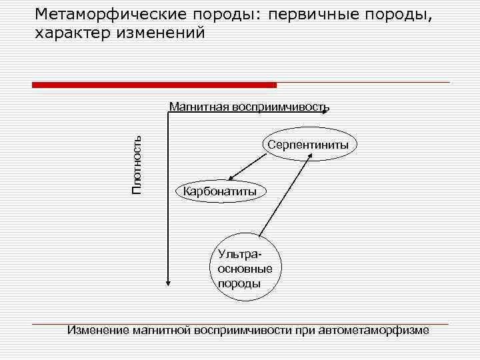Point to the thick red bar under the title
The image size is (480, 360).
154,85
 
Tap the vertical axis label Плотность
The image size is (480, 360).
137,164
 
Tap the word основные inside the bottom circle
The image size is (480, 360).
245,269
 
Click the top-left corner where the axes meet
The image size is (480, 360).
168,114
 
